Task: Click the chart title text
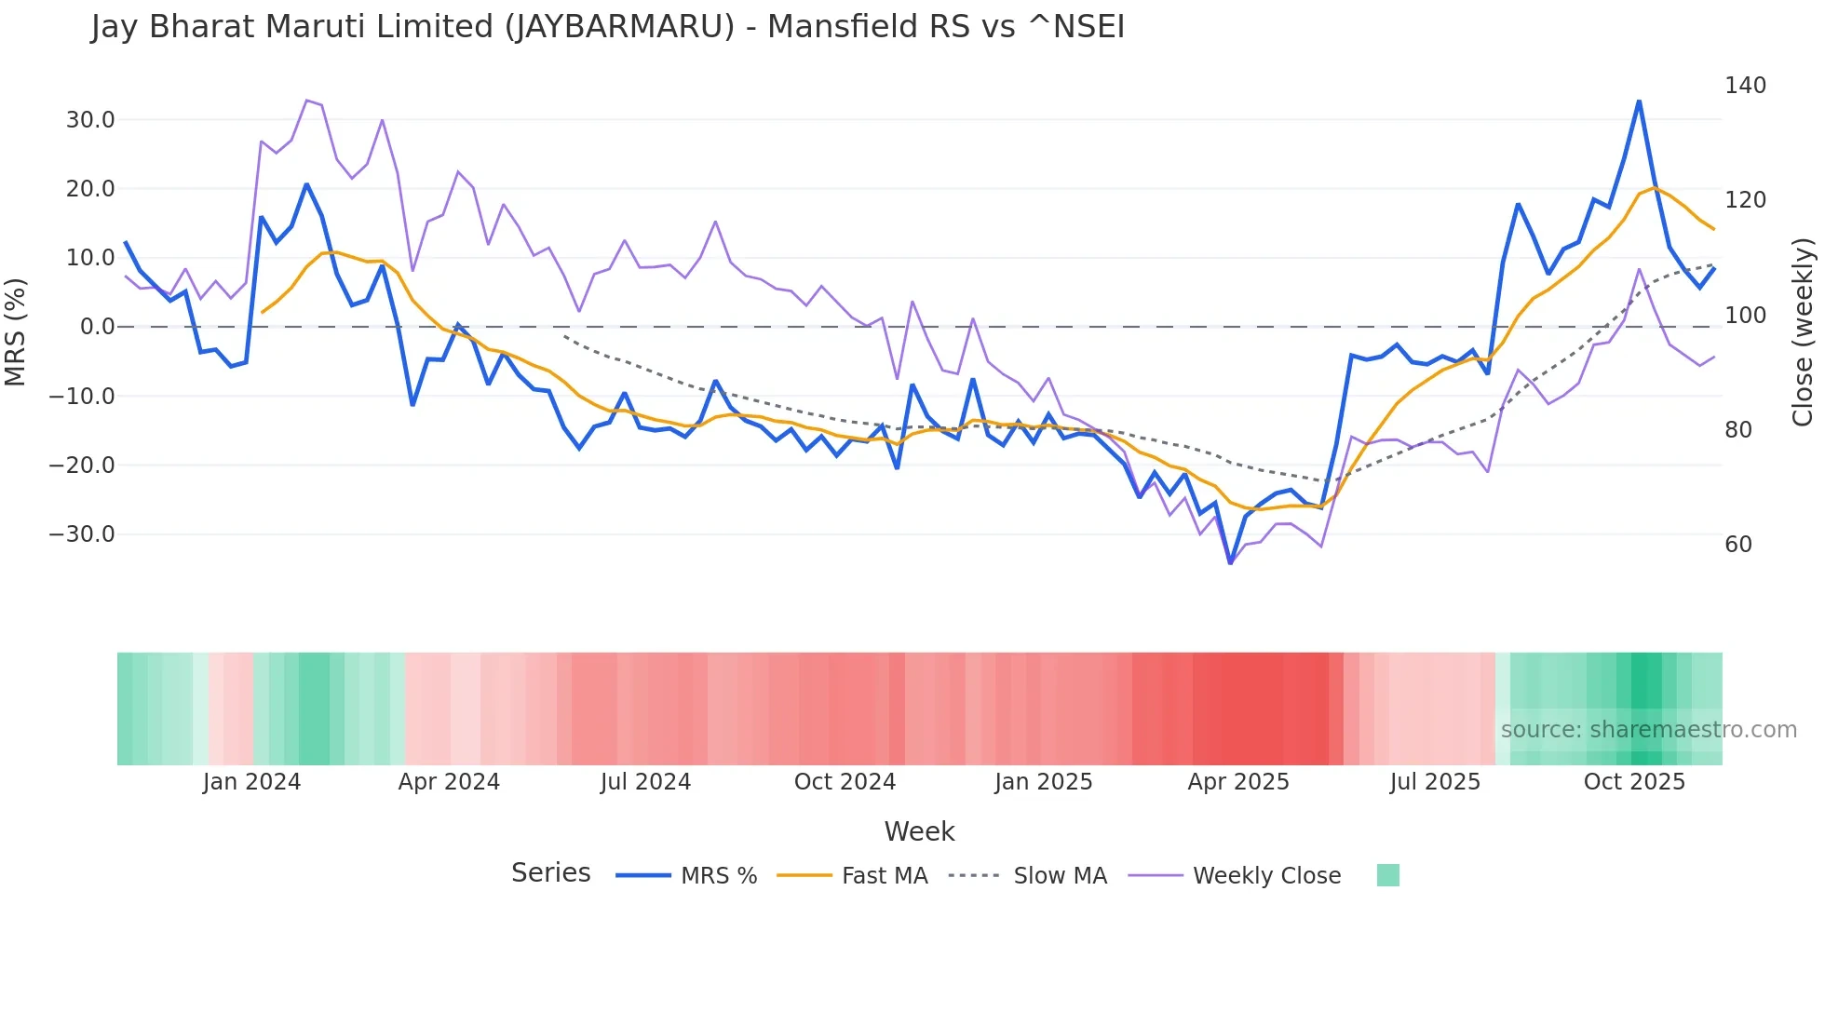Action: (607, 27)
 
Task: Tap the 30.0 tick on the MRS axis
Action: (90, 120)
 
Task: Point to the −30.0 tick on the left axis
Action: (82, 534)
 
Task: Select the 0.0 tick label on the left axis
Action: (97, 327)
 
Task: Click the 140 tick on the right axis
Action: (1745, 86)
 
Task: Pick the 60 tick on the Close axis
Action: (1737, 545)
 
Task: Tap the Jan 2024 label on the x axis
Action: (251, 782)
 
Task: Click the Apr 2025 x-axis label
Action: (1237, 782)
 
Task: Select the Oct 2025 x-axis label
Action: (1634, 782)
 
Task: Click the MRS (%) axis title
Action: (16, 331)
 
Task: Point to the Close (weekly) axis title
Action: (1803, 331)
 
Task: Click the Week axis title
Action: (919, 831)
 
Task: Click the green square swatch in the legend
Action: (1387, 875)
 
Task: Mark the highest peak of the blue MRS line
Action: (1639, 101)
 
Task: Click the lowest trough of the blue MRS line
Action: (1230, 563)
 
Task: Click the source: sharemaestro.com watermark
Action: (1648, 730)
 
